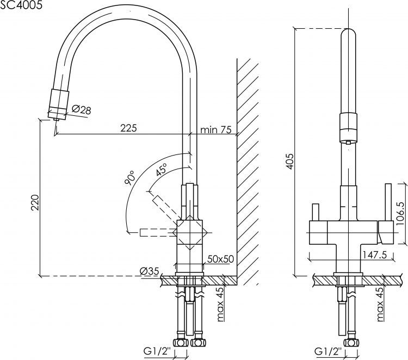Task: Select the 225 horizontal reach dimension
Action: pyautogui.click(x=128, y=128)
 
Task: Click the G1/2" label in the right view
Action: pyautogui.click(x=329, y=350)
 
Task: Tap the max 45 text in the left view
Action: pyautogui.click(x=221, y=303)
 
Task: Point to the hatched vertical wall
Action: pyautogui.click(x=248, y=163)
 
